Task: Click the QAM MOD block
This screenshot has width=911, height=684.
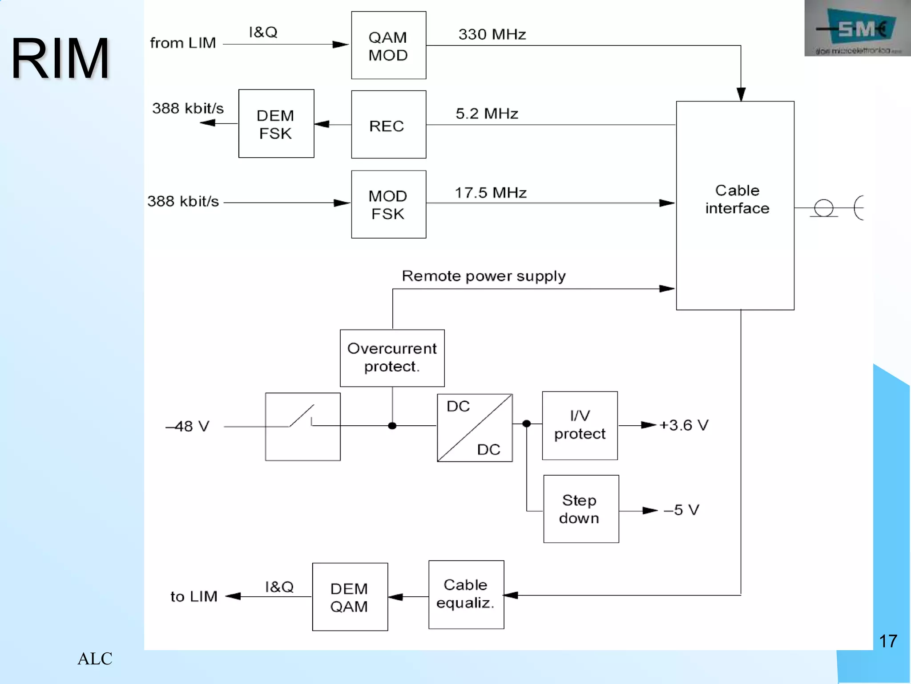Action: pos(388,45)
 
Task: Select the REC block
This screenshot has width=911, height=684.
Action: pos(388,125)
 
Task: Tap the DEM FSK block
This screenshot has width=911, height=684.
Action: pos(276,124)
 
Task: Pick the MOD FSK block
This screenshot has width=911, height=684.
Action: pos(388,204)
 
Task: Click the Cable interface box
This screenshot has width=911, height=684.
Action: pos(735,205)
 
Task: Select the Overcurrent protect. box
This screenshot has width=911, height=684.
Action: pos(392,358)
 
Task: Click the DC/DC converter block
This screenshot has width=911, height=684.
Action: pos(475,427)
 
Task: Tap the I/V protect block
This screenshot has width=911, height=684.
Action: pos(580,425)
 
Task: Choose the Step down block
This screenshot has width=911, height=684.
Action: pos(580,509)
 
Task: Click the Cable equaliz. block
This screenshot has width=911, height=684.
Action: pos(466,594)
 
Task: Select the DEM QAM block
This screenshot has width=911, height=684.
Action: pos(350,597)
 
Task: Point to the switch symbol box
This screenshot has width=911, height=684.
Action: pos(302,427)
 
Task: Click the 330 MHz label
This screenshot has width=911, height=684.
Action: pos(492,34)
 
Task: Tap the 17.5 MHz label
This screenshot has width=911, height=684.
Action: pos(490,193)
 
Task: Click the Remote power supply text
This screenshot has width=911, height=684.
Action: pos(484,276)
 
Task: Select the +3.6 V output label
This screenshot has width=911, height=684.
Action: pos(684,425)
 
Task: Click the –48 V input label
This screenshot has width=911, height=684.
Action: pos(187,426)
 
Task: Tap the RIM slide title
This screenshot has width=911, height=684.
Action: pos(60,59)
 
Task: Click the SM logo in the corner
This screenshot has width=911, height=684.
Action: pos(857,28)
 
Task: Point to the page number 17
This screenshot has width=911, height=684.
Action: pos(888,641)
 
